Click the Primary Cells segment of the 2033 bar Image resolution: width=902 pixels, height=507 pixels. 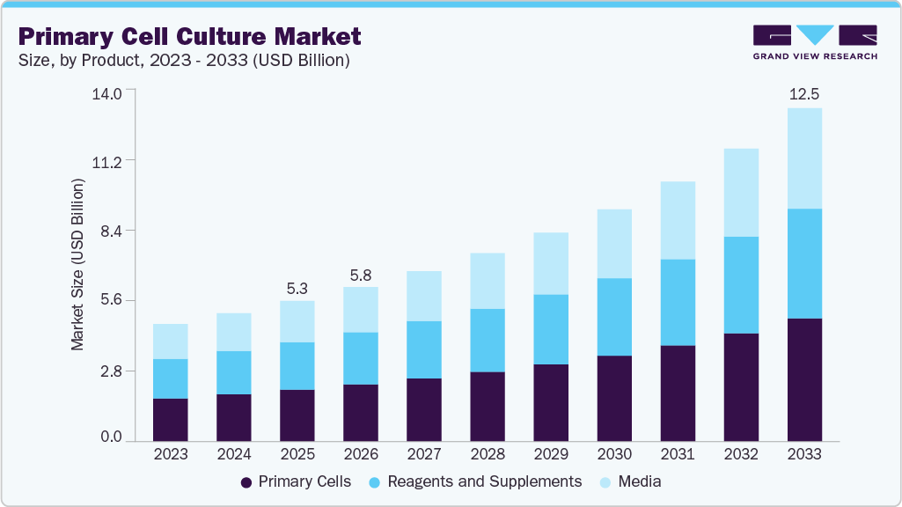pos(803,379)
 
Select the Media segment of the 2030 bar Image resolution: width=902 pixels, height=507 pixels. pos(613,244)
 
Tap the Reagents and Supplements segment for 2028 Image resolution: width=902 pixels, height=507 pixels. pos(487,340)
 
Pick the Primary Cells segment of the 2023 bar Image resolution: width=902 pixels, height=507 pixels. pos(170,419)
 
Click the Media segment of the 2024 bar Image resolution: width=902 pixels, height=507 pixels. pos(233,332)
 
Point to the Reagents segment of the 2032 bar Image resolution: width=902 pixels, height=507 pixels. pos(740,284)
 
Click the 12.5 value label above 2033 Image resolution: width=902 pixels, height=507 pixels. pos(803,94)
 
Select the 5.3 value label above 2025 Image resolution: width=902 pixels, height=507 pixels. pos(297,288)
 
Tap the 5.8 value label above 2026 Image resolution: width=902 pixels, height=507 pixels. pos(360,274)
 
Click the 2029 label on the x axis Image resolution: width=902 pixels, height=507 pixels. pos(550,454)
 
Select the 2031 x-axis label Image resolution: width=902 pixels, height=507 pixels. pos(677,454)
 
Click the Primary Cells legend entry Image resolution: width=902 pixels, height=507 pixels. pos(296,482)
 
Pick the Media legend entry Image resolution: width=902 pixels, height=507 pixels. pos(629,482)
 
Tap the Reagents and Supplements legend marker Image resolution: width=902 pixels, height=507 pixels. pos(375,482)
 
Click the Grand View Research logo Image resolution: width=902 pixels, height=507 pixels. pos(814,41)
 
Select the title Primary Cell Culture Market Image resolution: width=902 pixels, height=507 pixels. pos(189,37)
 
